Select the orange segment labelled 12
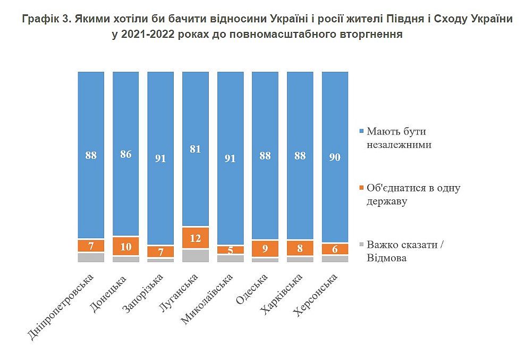click(195, 238)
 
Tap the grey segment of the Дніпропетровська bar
click(91, 257)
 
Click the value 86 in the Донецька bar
click(125, 155)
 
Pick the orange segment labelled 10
click(125, 247)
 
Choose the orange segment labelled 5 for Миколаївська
click(230, 250)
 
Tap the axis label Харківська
click(282, 292)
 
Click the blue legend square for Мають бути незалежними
click(362, 131)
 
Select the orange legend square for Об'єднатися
click(362, 187)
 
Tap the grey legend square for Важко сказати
click(362, 244)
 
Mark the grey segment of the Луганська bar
click(195, 255)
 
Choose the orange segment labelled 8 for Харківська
click(300, 248)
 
